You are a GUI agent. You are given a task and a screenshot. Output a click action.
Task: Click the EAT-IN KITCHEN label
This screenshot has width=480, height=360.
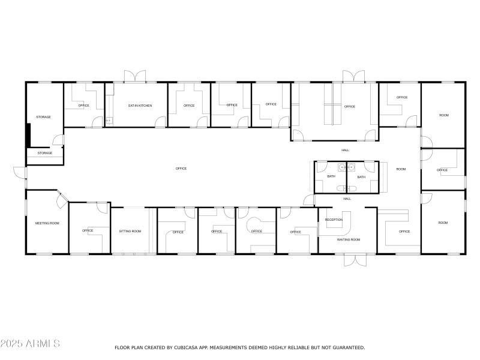click(x=140, y=106)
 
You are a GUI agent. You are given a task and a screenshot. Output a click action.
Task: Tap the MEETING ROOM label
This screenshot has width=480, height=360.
click(x=47, y=223)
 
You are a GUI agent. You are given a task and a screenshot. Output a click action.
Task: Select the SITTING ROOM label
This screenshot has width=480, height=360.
click(x=130, y=231)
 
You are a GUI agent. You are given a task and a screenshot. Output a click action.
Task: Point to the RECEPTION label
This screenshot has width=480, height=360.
click(x=334, y=220)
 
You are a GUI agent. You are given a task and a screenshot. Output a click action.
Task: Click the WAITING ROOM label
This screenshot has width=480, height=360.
click(x=348, y=239)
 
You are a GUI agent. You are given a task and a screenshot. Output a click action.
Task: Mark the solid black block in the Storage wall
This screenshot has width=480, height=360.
click(x=28, y=134)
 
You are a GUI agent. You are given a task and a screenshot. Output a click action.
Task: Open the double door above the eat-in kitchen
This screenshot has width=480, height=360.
click(x=134, y=76)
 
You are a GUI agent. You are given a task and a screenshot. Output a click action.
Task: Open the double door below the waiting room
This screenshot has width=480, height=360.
click(x=354, y=260)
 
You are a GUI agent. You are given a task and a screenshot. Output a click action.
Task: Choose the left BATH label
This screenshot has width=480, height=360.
click(x=331, y=177)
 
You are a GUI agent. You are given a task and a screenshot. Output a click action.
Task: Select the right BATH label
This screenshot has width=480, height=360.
click(x=361, y=177)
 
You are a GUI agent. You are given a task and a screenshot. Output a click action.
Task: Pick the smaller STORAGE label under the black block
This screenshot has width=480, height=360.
click(x=45, y=153)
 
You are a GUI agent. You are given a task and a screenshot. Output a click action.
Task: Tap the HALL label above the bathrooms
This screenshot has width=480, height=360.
click(x=345, y=150)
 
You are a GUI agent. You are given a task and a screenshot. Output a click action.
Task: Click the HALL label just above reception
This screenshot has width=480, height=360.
click(x=347, y=199)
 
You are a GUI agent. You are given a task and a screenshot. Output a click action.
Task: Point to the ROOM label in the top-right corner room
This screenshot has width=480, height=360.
click(x=443, y=115)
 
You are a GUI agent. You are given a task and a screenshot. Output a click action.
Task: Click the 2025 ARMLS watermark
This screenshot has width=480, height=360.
click(x=30, y=344)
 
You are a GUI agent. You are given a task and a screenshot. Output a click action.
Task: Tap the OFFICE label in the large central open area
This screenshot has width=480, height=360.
click(x=181, y=169)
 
